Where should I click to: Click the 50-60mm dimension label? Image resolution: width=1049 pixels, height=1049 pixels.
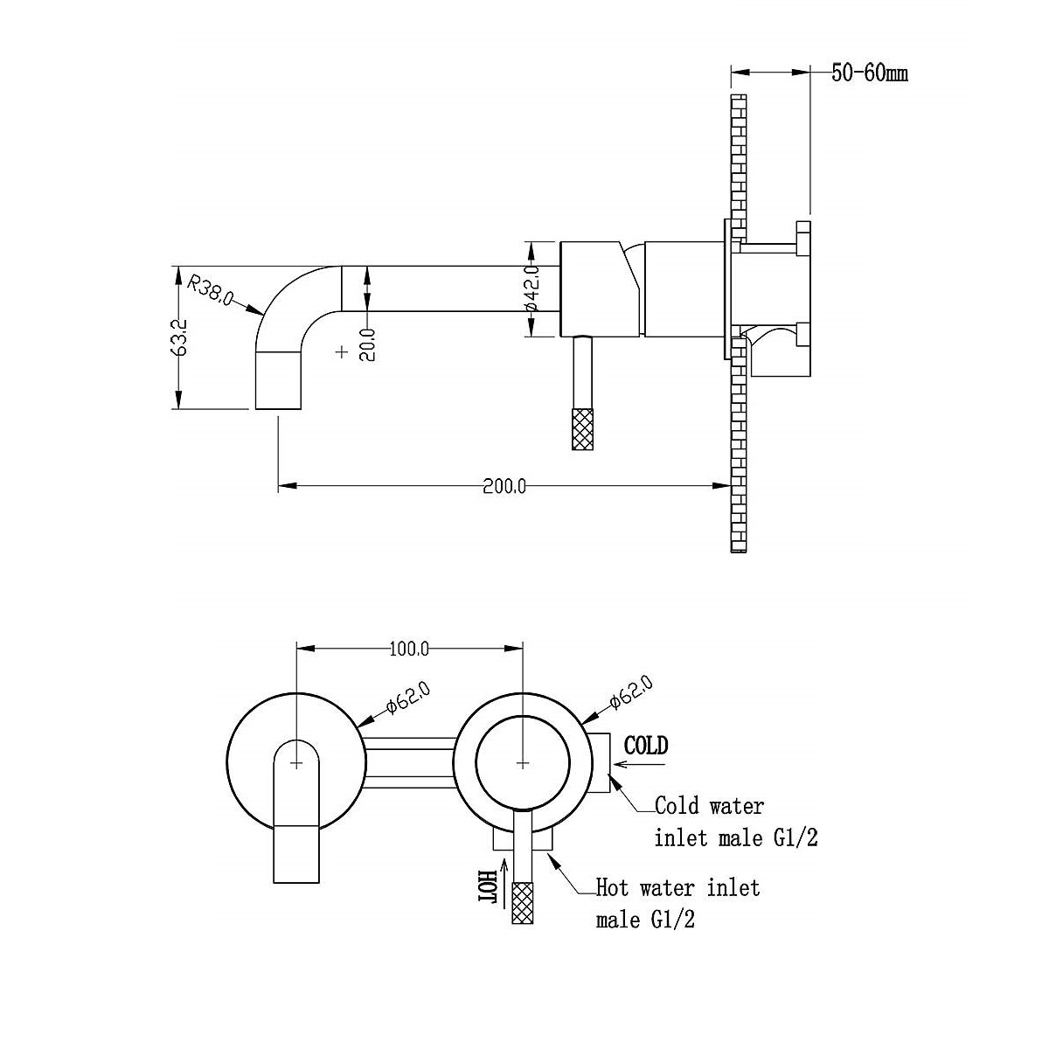click(869, 73)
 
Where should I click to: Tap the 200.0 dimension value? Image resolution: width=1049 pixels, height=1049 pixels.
click(504, 486)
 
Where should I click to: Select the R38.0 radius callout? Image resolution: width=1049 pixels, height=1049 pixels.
click(210, 290)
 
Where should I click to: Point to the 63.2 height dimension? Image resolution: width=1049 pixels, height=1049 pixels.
click(180, 337)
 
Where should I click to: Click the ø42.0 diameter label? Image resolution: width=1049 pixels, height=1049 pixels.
click(531, 287)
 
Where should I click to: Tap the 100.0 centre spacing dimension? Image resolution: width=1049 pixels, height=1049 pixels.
click(409, 650)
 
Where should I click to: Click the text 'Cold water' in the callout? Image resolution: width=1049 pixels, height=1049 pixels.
click(709, 806)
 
